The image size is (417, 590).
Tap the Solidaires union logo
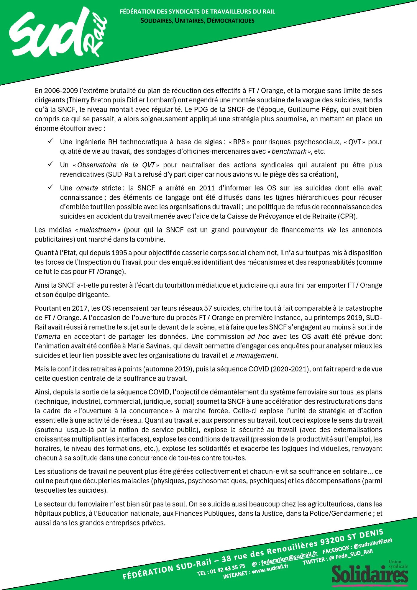coord(370,574)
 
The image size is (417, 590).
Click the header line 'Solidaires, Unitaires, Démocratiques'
coord(197,21)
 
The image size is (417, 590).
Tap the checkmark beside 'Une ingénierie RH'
coord(50,141)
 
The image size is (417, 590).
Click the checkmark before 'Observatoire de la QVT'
coord(50,164)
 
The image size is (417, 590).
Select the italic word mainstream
coord(98,230)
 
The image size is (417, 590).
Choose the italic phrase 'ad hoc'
coord(258,337)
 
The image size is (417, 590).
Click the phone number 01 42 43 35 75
coord(227,568)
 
